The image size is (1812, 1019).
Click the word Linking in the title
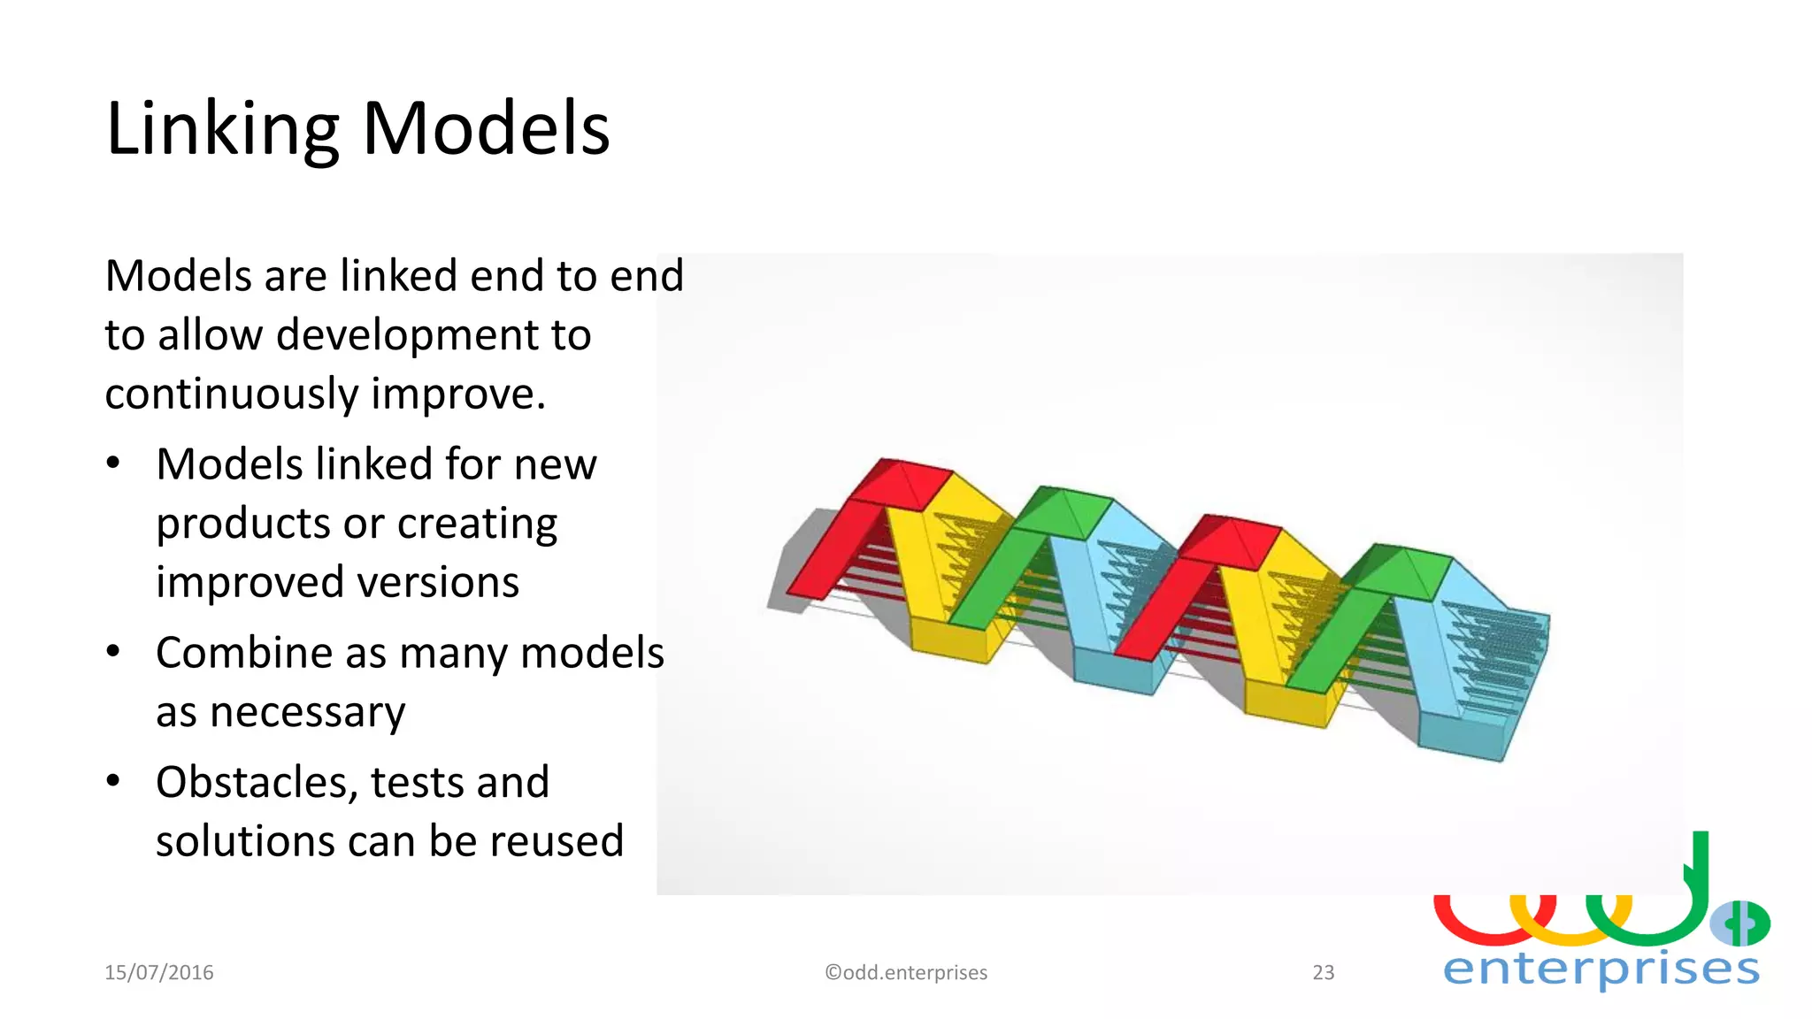pos(222,129)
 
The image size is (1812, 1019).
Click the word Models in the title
pos(486,129)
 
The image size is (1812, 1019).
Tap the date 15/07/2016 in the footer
pos(159,972)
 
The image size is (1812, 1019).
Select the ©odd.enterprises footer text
pos(906,972)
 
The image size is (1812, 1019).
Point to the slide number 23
pos(1323,972)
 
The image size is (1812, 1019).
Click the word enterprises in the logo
pos(1601,969)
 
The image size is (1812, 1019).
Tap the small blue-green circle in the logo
pos(1739,923)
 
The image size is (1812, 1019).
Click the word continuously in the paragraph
pos(231,394)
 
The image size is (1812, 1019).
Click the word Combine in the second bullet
pos(244,653)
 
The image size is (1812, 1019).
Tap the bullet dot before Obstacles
pos(113,780)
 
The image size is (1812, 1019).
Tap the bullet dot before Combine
pos(113,651)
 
